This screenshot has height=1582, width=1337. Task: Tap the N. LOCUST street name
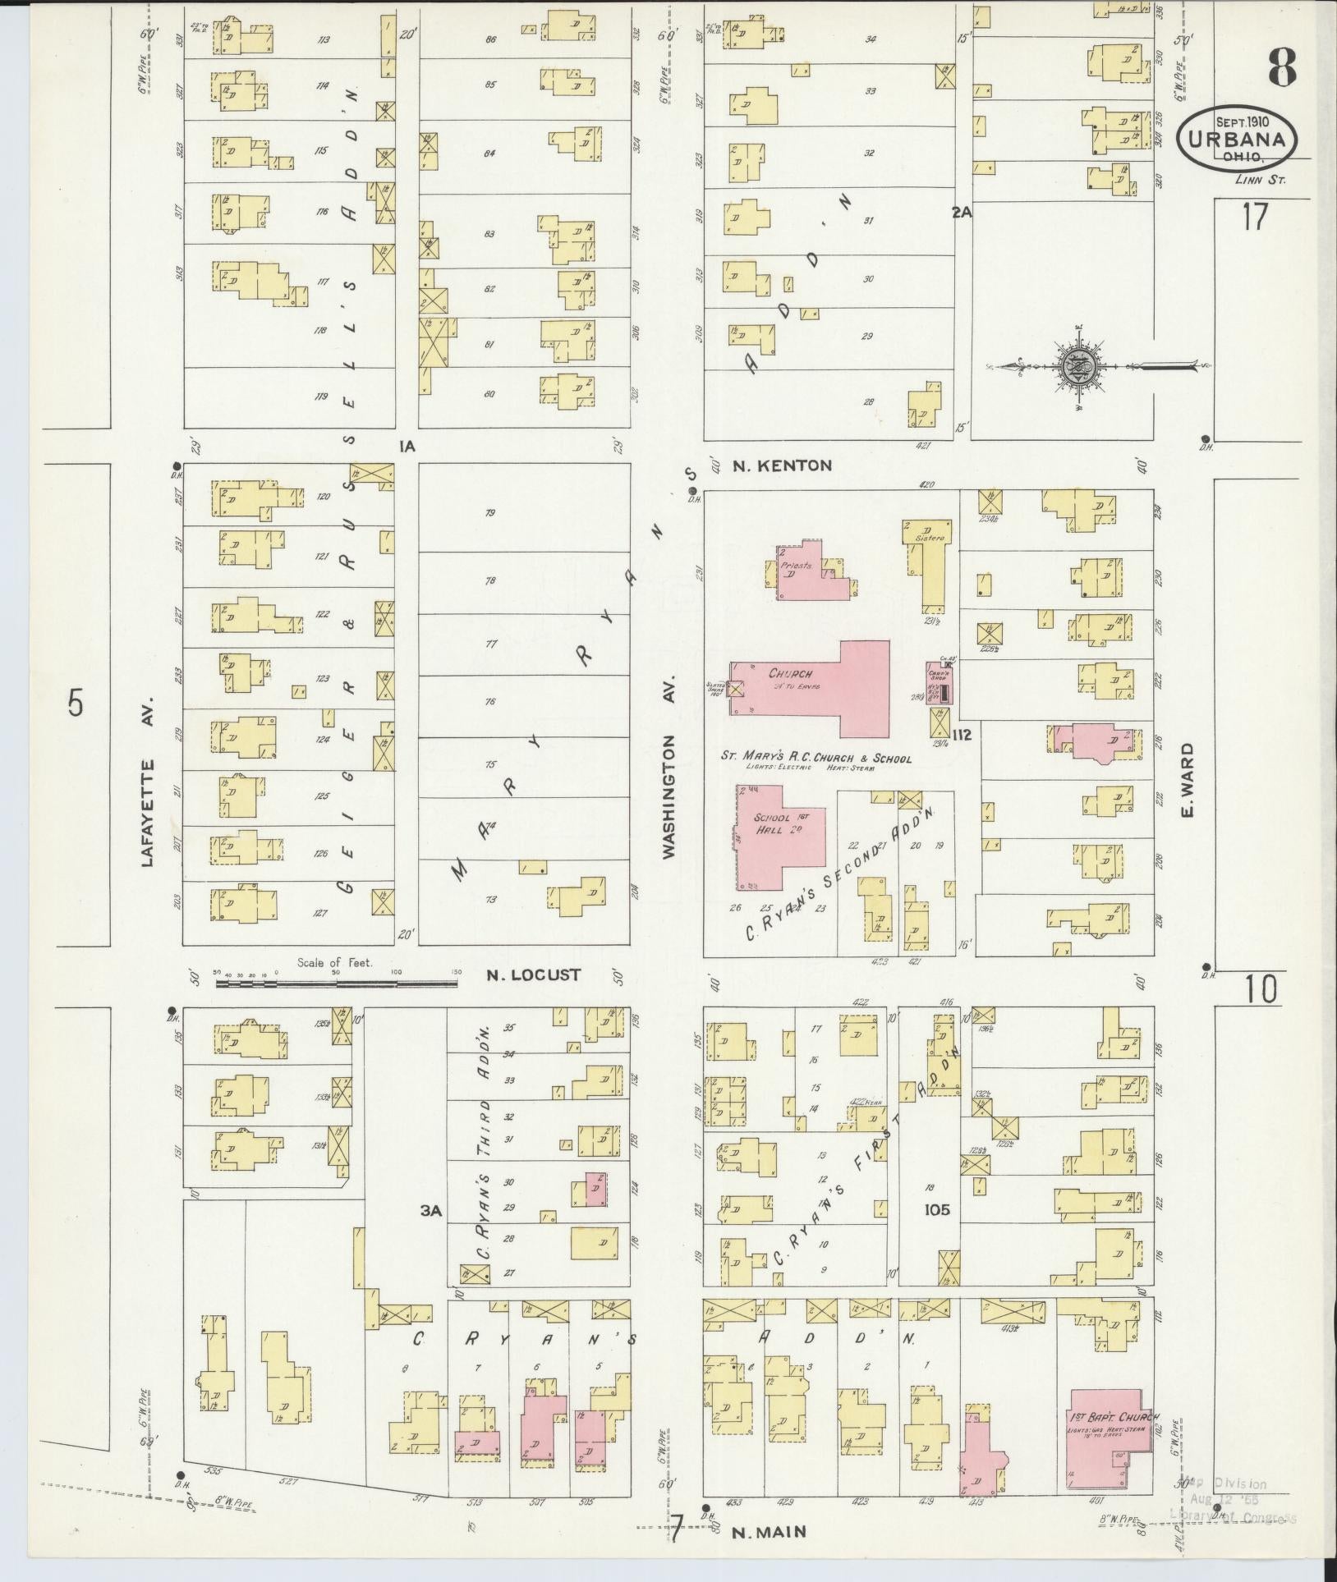(x=534, y=974)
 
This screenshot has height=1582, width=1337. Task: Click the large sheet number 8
(x=1281, y=67)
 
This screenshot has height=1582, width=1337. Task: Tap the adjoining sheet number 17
(x=1254, y=218)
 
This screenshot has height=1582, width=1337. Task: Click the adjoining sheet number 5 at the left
(x=76, y=704)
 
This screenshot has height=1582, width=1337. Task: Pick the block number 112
(x=963, y=735)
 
